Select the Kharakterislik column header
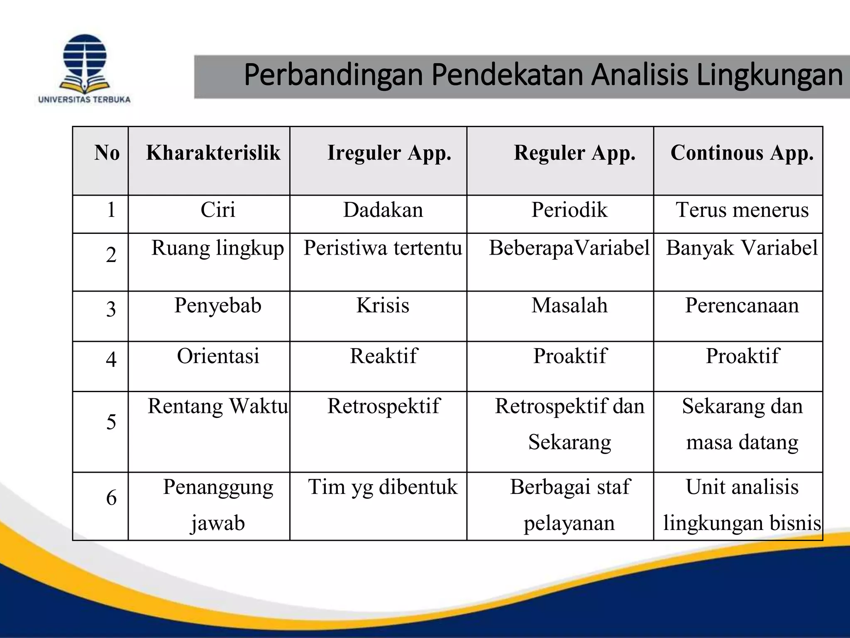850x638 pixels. pyautogui.click(x=213, y=153)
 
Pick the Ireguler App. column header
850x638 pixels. pyautogui.click(x=389, y=153)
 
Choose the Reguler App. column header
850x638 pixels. pyautogui.click(x=574, y=153)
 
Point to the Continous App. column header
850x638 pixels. pyautogui.click(x=742, y=153)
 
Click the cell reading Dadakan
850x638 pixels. pyautogui.click(x=383, y=210)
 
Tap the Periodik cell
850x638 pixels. pyautogui.click(x=569, y=210)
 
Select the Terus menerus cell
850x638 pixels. pyautogui.click(x=742, y=210)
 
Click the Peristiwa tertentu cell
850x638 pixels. pyautogui.click(x=383, y=248)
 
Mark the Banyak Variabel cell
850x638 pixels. pyautogui.click(x=742, y=248)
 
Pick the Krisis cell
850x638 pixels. pyautogui.click(x=383, y=305)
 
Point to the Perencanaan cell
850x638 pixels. pyautogui.click(x=742, y=305)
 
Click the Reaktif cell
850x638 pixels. pyautogui.click(x=383, y=356)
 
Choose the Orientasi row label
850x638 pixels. pyautogui.click(x=218, y=356)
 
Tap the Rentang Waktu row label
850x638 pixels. pyautogui.click(x=218, y=406)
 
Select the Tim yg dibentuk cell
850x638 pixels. pyautogui.click(x=383, y=487)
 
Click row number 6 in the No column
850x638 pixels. pyautogui.click(x=111, y=498)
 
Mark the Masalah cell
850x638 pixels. pyautogui.click(x=569, y=305)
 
